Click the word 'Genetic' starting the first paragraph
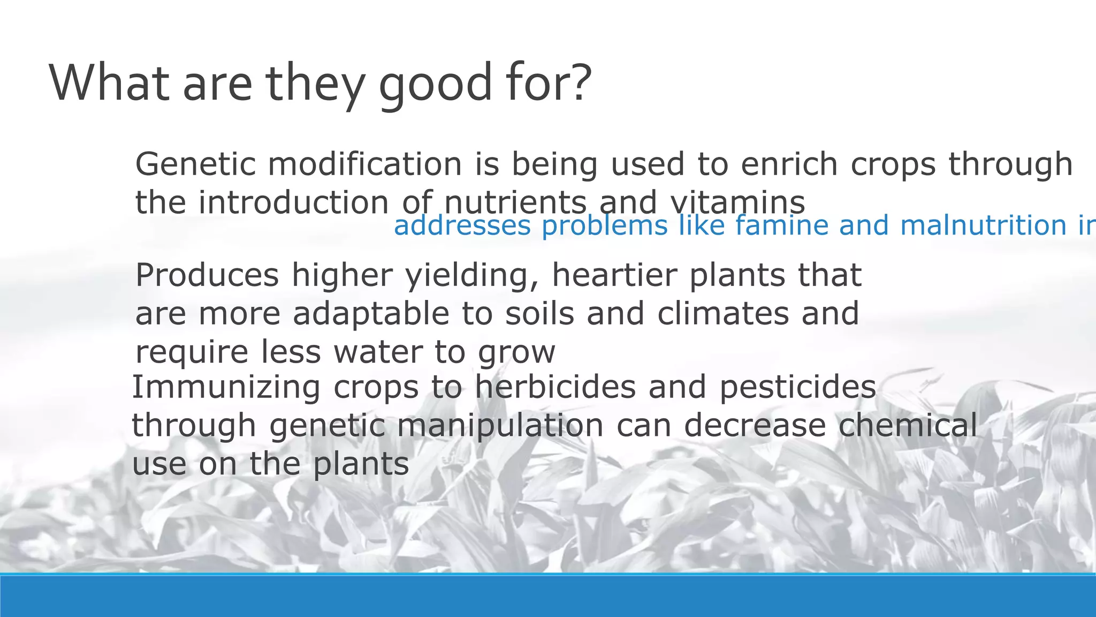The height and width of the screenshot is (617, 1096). [195, 164]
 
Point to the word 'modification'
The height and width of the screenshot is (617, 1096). [365, 164]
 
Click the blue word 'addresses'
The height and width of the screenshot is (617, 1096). [462, 226]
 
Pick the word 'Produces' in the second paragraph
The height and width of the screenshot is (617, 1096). [207, 275]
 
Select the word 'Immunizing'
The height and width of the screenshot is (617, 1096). [226, 387]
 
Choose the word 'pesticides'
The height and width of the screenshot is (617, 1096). [797, 387]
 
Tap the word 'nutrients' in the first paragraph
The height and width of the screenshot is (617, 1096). [515, 203]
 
